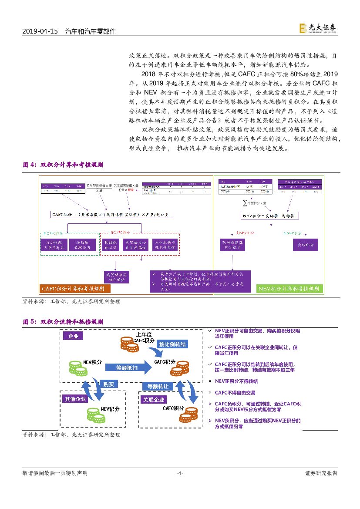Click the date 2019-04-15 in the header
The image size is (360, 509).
point(40,32)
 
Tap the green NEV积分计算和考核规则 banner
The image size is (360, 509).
point(289,289)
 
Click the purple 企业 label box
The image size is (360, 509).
point(73,337)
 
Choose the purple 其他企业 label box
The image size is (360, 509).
point(76,398)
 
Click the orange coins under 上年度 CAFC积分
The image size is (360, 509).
point(129,347)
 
